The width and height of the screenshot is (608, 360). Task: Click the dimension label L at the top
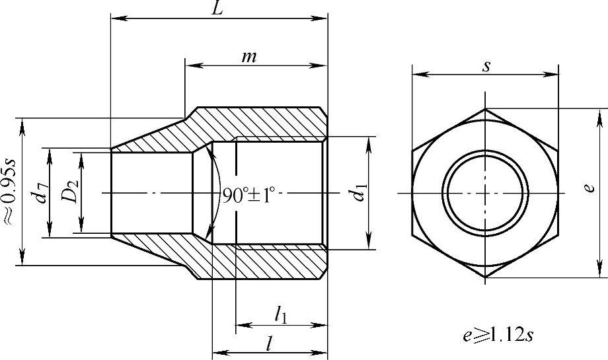pos(217,8)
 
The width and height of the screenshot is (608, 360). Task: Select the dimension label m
pos(249,57)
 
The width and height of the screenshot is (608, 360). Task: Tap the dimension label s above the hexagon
pos(486,66)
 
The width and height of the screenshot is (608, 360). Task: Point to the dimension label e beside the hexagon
pos(589,188)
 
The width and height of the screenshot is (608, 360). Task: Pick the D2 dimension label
pos(71,192)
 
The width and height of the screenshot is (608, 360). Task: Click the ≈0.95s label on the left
pos(9,192)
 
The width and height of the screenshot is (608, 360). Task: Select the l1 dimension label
pos(280,316)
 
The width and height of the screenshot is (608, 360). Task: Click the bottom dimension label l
pos(268,343)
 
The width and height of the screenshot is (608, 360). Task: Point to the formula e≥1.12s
pos(498,334)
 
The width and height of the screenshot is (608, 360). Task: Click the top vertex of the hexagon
pos(485,109)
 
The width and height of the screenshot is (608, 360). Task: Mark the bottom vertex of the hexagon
pos(485,277)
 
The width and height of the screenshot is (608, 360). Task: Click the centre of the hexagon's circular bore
pos(485,193)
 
